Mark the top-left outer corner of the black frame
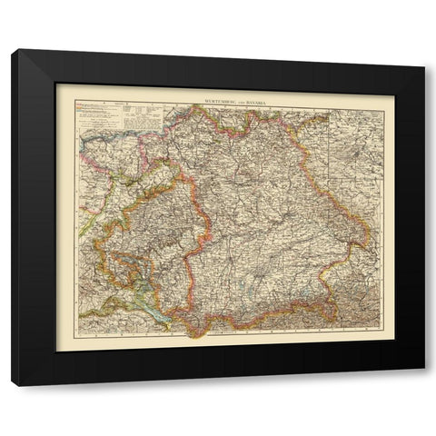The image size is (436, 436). [x=12, y=50]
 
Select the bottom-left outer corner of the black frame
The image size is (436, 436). [x=12, y=386]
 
